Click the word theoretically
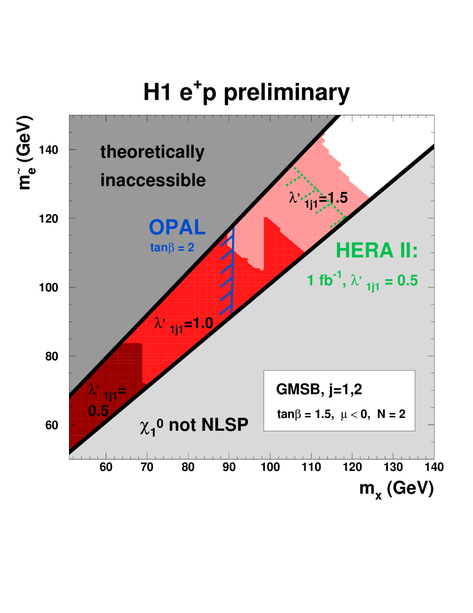tap(152, 152)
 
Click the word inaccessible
tap(153, 181)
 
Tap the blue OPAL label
tap(177, 227)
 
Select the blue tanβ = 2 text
tap(172, 247)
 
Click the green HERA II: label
tap(376, 252)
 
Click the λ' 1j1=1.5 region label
tap(318, 198)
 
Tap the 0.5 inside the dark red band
tap(98, 411)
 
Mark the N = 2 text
tap(390, 415)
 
